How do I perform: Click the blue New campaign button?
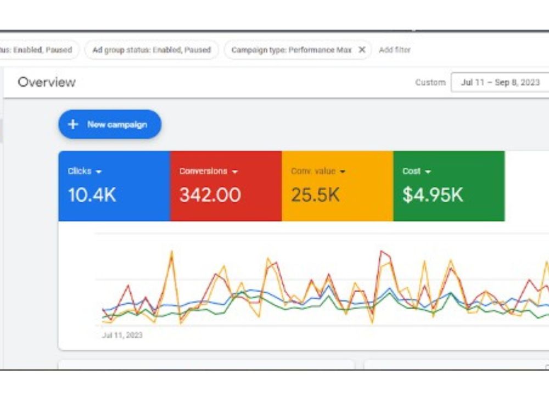click(110, 124)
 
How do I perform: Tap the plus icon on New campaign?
click(73, 124)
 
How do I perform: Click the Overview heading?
click(47, 82)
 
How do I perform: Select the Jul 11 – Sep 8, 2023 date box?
click(500, 82)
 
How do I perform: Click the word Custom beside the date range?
click(430, 82)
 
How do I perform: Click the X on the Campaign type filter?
click(362, 50)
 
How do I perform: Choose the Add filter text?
click(395, 50)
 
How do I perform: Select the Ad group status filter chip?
click(152, 50)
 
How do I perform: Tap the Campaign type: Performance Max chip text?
click(292, 50)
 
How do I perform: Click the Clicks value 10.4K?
click(92, 195)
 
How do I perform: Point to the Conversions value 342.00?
click(210, 195)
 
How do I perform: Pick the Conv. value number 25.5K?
click(315, 195)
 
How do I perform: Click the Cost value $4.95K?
click(433, 195)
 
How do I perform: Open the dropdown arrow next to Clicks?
click(99, 171)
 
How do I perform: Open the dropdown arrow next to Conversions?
click(235, 171)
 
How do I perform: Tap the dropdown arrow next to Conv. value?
click(343, 171)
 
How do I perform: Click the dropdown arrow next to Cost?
click(428, 171)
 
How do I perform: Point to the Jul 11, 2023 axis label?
click(122, 335)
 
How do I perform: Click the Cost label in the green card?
click(411, 171)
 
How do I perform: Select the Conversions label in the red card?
click(204, 171)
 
